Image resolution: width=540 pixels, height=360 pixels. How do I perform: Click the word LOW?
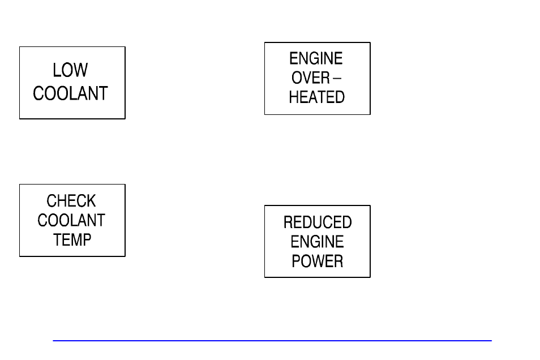tap(70, 70)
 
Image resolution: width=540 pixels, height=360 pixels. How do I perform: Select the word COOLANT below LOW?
tap(70, 93)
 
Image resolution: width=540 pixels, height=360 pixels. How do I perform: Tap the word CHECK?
tap(71, 201)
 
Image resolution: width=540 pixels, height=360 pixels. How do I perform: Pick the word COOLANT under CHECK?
tap(71, 220)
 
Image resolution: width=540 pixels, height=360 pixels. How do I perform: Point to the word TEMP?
tap(72, 239)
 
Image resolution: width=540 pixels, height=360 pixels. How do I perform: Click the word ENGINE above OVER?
tap(316, 59)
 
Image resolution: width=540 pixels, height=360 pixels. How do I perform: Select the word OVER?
tap(311, 78)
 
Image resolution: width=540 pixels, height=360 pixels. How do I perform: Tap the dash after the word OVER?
tap(337, 78)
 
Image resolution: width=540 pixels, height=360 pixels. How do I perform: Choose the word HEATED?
tap(316, 97)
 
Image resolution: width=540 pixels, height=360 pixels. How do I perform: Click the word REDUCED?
tap(318, 222)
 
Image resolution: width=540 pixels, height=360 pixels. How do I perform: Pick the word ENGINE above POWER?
tap(317, 242)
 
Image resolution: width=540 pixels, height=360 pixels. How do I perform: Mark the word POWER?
tap(317, 261)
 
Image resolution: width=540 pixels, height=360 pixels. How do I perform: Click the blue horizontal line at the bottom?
tap(272, 341)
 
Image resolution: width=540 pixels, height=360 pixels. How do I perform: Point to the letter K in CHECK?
tap(91, 201)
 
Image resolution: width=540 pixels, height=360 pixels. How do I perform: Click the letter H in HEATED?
tap(294, 97)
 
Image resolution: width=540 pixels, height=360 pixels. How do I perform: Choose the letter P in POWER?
tap(296, 261)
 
